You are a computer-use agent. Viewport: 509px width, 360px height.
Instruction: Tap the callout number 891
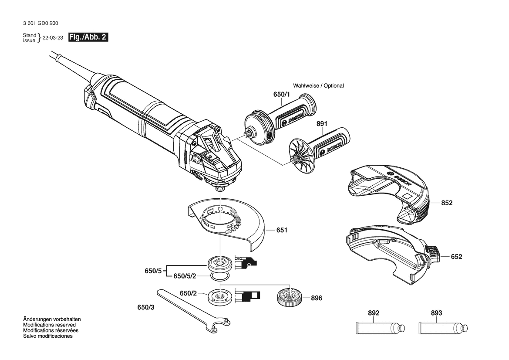click(x=322, y=124)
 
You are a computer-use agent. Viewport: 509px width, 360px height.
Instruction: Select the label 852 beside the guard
click(x=446, y=203)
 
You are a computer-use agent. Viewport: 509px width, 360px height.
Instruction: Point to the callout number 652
click(x=456, y=257)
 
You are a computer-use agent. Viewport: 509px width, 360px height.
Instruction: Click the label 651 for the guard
click(x=282, y=230)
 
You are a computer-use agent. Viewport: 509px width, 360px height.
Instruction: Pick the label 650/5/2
click(x=185, y=276)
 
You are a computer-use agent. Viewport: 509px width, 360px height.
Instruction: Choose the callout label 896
click(x=317, y=299)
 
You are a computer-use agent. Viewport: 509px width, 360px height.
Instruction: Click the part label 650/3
click(x=146, y=307)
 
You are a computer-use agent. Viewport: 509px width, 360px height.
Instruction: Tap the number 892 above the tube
click(x=374, y=313)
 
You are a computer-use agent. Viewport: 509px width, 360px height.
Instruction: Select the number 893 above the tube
click(x=436, y=313)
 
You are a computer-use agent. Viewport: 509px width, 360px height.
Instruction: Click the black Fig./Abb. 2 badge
click(x=88, y=37)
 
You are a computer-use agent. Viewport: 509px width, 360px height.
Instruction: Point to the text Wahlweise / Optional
click(x=318, y=86)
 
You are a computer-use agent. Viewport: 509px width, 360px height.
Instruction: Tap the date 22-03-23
click(x=53, y=38)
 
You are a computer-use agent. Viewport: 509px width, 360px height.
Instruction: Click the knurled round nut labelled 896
click(x=289, y=299)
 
